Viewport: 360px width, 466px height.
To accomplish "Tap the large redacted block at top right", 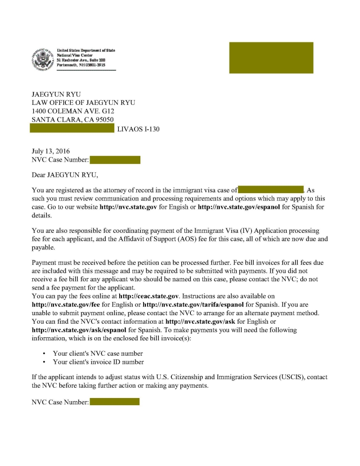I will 271,58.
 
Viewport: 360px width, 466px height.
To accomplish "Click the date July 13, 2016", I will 50,151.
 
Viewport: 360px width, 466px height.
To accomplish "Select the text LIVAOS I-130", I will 138,129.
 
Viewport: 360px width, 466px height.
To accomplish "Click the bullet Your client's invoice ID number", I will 98,362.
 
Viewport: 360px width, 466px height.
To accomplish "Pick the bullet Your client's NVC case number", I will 98,353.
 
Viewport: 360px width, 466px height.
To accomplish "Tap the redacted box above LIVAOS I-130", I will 72,129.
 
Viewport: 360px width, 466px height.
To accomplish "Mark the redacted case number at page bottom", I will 115,402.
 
